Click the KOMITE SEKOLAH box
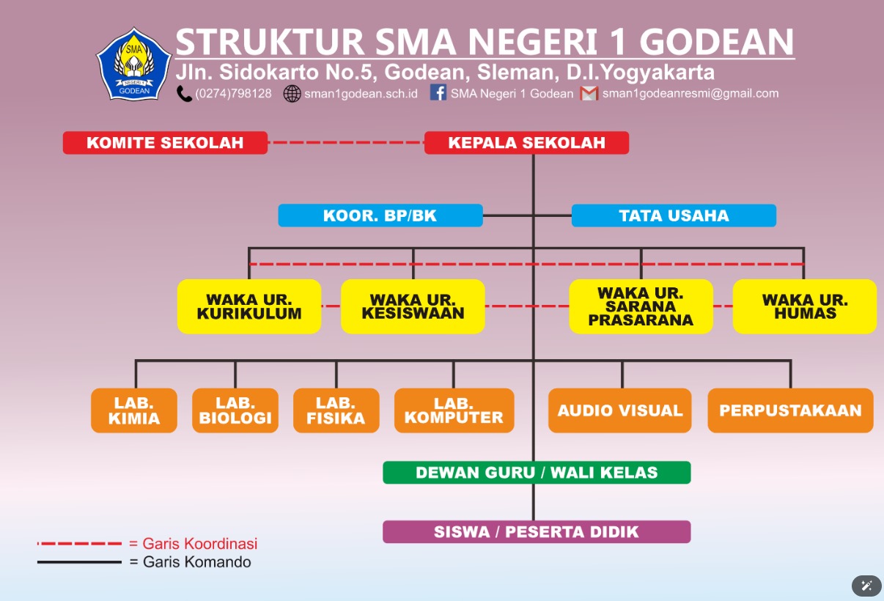click(166, 143)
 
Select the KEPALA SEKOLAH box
click(526, 143)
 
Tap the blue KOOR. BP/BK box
click(380, 215)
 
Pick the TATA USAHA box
click(674, 215)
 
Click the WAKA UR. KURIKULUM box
click(249, 306)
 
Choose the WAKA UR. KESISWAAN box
click(413, 306)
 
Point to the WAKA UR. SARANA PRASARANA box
click(641, 306)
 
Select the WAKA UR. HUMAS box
click(805, 306)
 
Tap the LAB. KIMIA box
click(134, 410)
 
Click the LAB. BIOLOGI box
click(235, 410)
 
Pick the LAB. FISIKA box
click(336, 410)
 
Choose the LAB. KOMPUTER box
click(454, 410)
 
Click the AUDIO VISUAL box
click(620, 410)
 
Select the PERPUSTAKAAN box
click(790, 410)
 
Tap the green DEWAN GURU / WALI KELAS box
click(537, 472)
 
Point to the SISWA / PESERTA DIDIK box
click(537, 532)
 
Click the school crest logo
click(134, 64)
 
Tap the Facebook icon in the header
click(438, 92)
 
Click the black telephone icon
click(184, 94)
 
